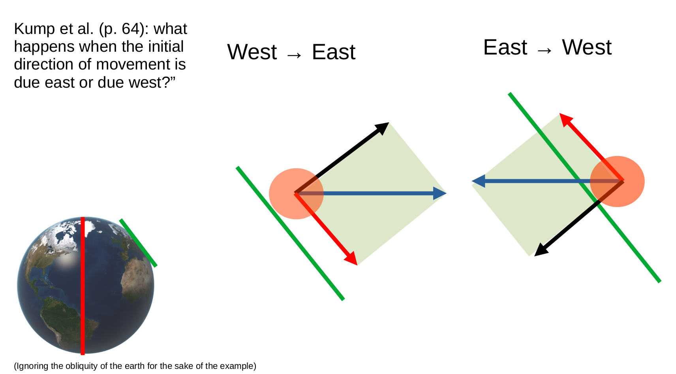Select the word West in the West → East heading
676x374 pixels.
point(252,52)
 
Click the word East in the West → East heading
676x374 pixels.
point(334,52)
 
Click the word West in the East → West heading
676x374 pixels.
point(587,47)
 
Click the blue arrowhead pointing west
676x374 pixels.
point(478,181)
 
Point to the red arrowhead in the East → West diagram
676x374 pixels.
point(565,119)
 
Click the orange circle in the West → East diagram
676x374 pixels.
point(296,194)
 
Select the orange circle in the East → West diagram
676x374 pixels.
point(617,181)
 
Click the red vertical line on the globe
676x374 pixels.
point(83,286)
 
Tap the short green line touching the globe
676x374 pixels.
point(138,243)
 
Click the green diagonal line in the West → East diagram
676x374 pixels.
point(290,233)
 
